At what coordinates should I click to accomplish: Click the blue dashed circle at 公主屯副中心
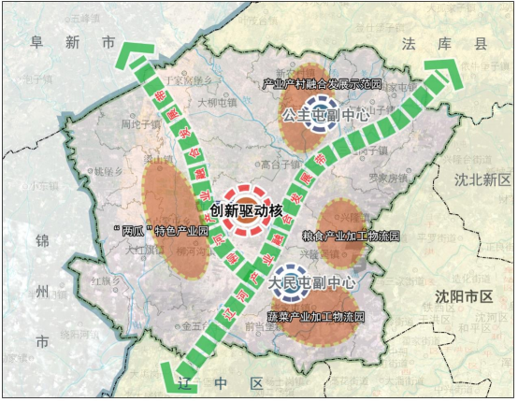322,109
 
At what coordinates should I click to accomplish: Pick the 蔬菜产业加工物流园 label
316,318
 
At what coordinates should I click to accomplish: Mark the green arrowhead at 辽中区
173,377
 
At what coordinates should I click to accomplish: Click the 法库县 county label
430,44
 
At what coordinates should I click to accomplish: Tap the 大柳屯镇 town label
218,103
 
